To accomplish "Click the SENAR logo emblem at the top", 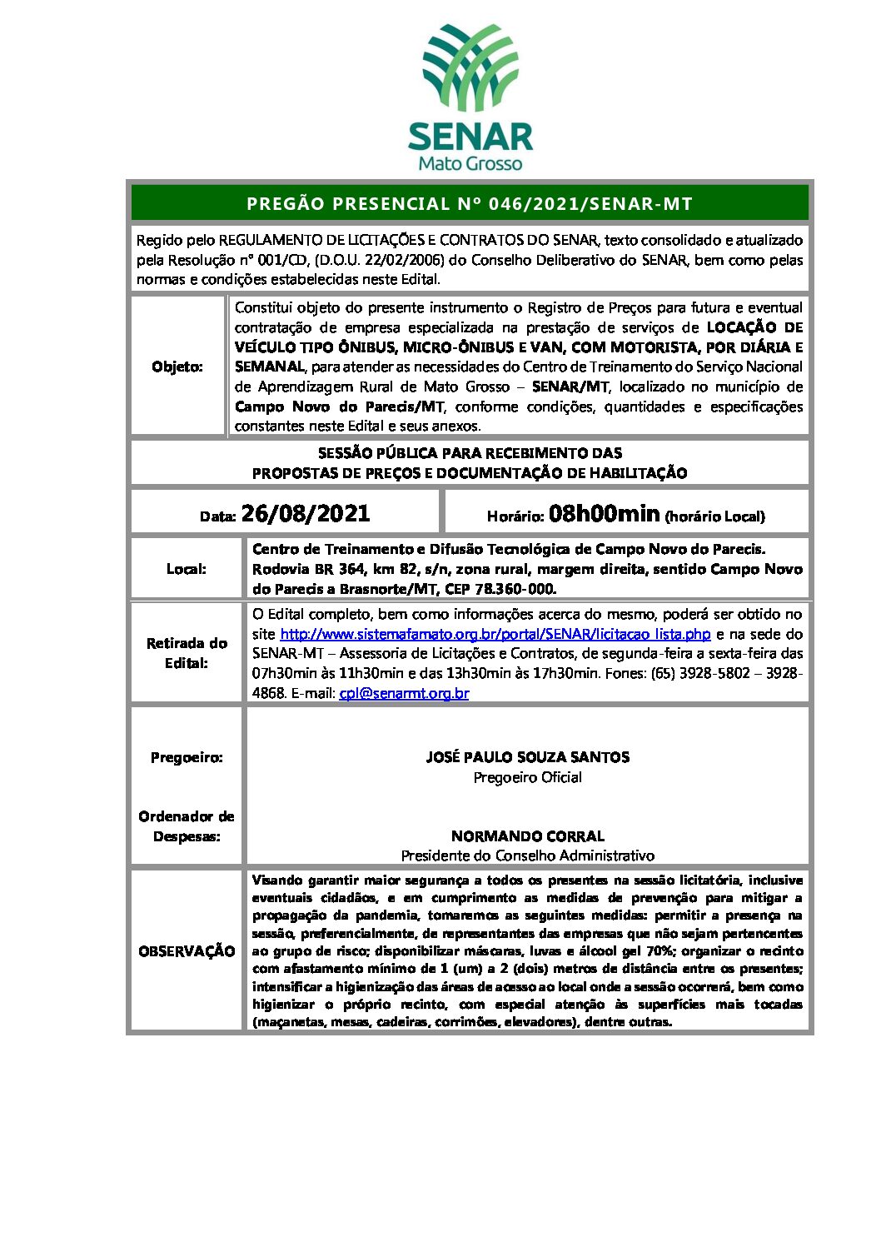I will pyautogui.click(x=470, y=69).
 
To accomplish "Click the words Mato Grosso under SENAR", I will pyautogui.click(x=470, y=162).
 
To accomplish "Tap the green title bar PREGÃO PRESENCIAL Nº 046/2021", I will pyautogui.click(x=470, y=203).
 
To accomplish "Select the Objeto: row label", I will pyautogui.click(x=177, y=367).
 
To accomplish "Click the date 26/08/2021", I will pyautogui.click(x=306, y=513).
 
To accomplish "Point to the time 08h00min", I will pyautogui.click(x=605, y=513).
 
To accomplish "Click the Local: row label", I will pyautogui.click(x=186, y=569).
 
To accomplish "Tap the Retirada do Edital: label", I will pyautogui.click(x=187, y=653).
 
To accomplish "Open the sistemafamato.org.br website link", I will pyautogui.click(x=495, y=634).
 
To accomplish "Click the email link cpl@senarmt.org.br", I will pyautogui.click(x=404, y=693).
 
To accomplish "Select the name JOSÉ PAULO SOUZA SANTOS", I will pyautogui.click(x=527, y=757).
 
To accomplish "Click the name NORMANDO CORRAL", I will pyautogui.click(x=527, y=835).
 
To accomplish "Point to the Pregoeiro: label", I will pyautogui.click(x=187, y=757).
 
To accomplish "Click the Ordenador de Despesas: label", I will pyautogui.click(x=187, y=826).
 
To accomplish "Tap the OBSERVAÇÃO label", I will pyautogui.click(x=187, y=951).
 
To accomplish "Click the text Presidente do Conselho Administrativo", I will pyautogui.click(x=527, y=855).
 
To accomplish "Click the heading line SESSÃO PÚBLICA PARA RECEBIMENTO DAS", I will pyautogui.click(x=470, y=453).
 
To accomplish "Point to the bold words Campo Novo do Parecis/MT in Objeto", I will pyautogui.click(x=339, y=407).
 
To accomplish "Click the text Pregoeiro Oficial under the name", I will pyautogui.click(x=527, y=777).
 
